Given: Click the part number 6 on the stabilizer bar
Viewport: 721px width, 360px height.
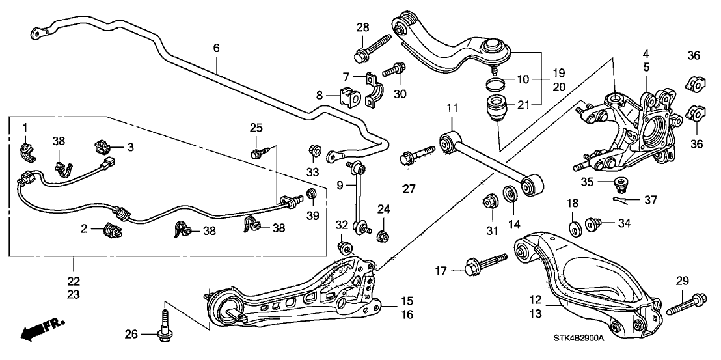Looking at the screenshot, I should [x=216, y=48].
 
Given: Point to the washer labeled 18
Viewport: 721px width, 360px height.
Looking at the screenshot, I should [x=575, y=229].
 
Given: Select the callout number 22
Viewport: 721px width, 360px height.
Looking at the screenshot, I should [x=73, y=281].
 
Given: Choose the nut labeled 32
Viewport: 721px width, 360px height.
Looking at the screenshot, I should [x=345, y=248].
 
